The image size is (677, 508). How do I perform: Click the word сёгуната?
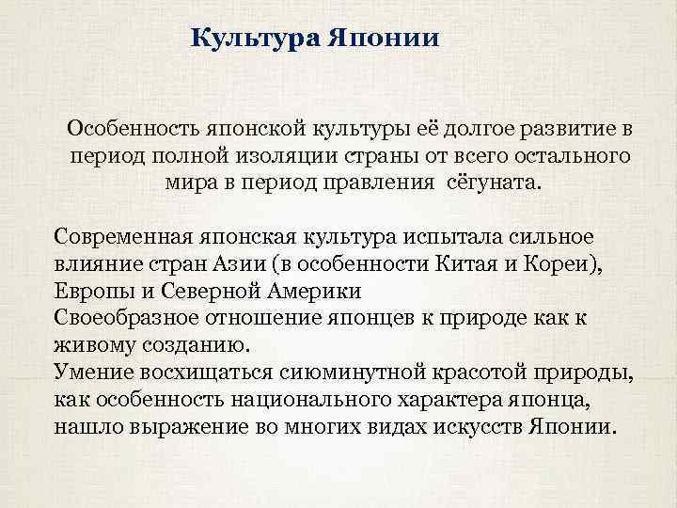[495, 180]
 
